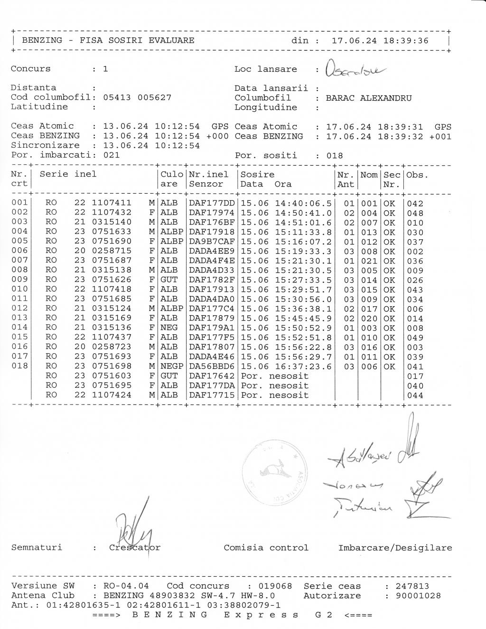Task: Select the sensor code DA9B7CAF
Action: point(212,242)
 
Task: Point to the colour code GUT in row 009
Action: point(169,280)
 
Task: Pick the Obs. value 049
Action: point(415,338)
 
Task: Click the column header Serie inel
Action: point(68,174)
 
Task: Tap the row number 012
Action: point(19,309)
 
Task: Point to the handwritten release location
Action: point(356,72)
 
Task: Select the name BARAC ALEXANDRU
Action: point(369,98)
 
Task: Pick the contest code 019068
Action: point(275,586)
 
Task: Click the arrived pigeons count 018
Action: point(335,156)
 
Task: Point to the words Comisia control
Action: point(266,548)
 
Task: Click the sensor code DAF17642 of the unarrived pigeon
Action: point(212,376)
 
